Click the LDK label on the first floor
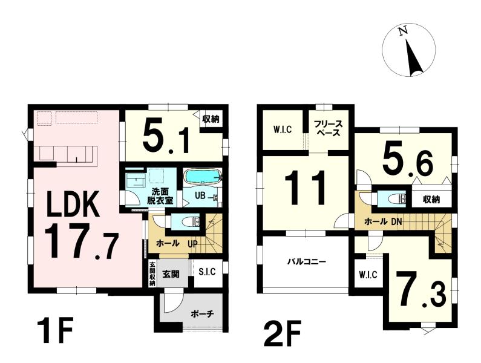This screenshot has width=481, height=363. point(73,204)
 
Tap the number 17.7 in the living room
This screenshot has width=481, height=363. point(81,241)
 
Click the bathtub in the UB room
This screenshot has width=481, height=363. point(202,177)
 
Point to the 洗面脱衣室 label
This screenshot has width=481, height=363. point(162,197)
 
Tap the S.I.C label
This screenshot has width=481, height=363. point(207,272)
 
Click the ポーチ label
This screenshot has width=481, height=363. point(202,314)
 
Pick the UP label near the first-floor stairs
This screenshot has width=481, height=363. point(193,244)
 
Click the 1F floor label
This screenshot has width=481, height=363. point(54,331)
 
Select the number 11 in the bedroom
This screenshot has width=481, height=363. point(305,188)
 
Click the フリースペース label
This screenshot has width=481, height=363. point(328,129)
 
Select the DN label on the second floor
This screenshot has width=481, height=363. point(396,221)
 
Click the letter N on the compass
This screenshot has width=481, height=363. point(403,31)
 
